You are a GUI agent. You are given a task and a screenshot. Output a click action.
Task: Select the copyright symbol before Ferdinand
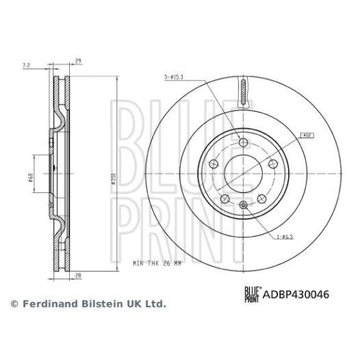[14, 305]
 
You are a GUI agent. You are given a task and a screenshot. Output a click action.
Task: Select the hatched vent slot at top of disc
[242, 92]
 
